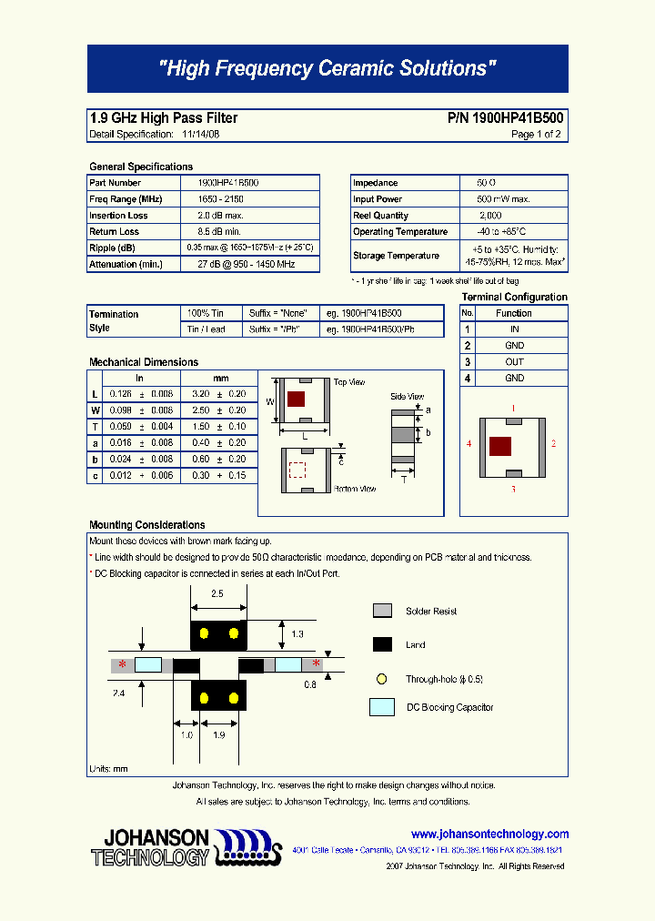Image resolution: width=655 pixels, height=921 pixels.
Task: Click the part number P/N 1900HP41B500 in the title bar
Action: click(x=505, y=118)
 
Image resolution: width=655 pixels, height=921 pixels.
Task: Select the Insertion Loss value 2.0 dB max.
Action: click(x=220, y=216)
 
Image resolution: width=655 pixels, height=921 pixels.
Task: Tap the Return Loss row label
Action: click(x=115, y=232)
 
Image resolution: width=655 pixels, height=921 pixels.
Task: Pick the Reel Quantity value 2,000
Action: click(x=489, y=216)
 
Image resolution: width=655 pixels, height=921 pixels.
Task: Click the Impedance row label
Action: click(x=376, y=183)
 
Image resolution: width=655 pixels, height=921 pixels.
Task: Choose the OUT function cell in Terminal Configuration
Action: click(x=514, y=361)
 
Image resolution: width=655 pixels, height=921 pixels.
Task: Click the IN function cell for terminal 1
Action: click(x=514, y=329)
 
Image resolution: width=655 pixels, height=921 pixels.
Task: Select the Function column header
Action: click(x=514, y=313)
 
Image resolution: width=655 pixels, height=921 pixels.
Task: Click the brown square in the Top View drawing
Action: click(x=296, y=399)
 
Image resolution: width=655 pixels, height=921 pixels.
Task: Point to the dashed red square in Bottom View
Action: click(x=297, y=470)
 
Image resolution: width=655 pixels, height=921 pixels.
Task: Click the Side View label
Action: click(x=407, y=397)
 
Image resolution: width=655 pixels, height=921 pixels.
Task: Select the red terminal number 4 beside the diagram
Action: click(x=469, y=444)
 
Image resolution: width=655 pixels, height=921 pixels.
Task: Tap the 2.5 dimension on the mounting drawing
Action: click(x=217, y=593)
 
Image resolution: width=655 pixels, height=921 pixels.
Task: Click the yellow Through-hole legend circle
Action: click(x=382, y=679)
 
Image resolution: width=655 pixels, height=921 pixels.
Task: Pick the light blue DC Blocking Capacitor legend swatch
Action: click(x=382, y=707)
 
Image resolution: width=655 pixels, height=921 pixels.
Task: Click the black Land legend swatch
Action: click(x=382, y=645)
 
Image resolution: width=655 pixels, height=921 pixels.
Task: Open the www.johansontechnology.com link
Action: click(x=489, y=834)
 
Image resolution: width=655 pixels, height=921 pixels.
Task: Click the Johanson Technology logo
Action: click(x=182, y=846)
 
